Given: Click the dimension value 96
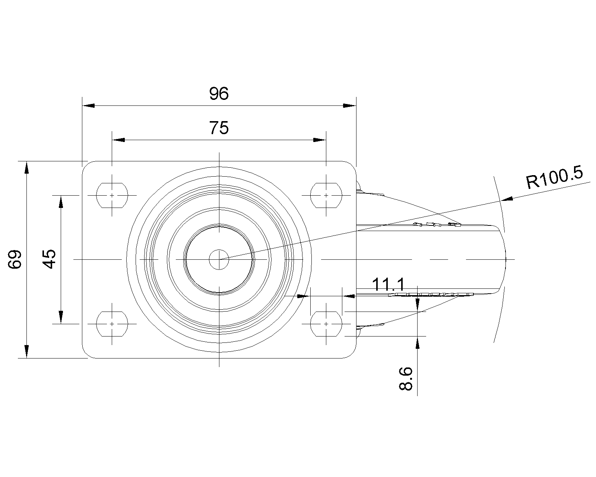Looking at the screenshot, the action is coord(219,94).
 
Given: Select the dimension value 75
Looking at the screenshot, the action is coord(219,128).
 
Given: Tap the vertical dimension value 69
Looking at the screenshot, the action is coord(15,259).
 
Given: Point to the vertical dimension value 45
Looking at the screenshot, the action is coord(49,259).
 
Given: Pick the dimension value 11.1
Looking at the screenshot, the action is coord(388,284).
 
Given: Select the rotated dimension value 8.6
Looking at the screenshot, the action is coord(406,379).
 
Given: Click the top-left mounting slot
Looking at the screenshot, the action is coord(112,195).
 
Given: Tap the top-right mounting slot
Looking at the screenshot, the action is coord(326,195).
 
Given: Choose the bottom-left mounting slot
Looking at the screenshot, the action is coord(112,324).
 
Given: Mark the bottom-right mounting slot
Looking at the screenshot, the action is coord(326,324).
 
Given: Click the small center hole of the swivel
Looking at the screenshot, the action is coord(219,259).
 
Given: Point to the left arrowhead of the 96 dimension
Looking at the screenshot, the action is coord(89,105).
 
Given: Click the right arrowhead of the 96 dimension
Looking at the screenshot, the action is coord(349,105).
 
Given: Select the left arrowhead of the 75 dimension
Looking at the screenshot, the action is coord(118,140).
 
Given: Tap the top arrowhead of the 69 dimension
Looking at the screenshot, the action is coord(26,168).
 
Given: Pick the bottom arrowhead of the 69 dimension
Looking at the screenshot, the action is coord(26,351).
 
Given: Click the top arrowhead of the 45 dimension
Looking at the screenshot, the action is coord(61,202).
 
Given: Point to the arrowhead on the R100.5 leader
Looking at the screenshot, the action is coord(507,199).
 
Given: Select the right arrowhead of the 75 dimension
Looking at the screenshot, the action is coord(320,140).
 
